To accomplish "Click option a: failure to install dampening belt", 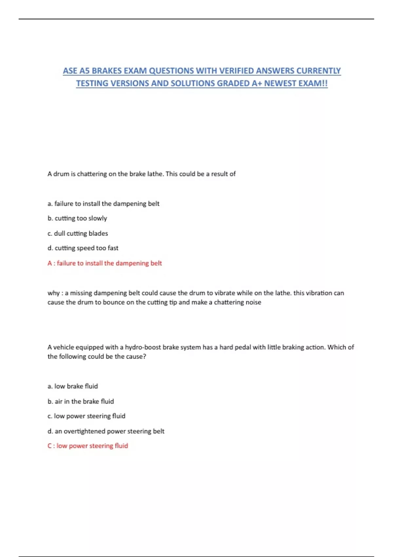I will tap(103, 203).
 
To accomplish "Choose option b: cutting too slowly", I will tap(77, 218).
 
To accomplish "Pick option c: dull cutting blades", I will tap(78, 233).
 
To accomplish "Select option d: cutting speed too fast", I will tap(83, 248).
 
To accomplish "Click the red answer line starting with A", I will tap(104, 263).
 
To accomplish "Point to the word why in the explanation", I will tap(53, 293).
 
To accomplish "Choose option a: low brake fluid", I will tap(73, 386).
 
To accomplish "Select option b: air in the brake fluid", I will tap(81, 401).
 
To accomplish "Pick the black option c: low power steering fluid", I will tap(86, 416).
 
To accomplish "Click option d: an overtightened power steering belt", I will tap(106, 431).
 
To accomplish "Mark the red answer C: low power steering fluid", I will tap(88, 446).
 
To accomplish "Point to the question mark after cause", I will tap(144, 356).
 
